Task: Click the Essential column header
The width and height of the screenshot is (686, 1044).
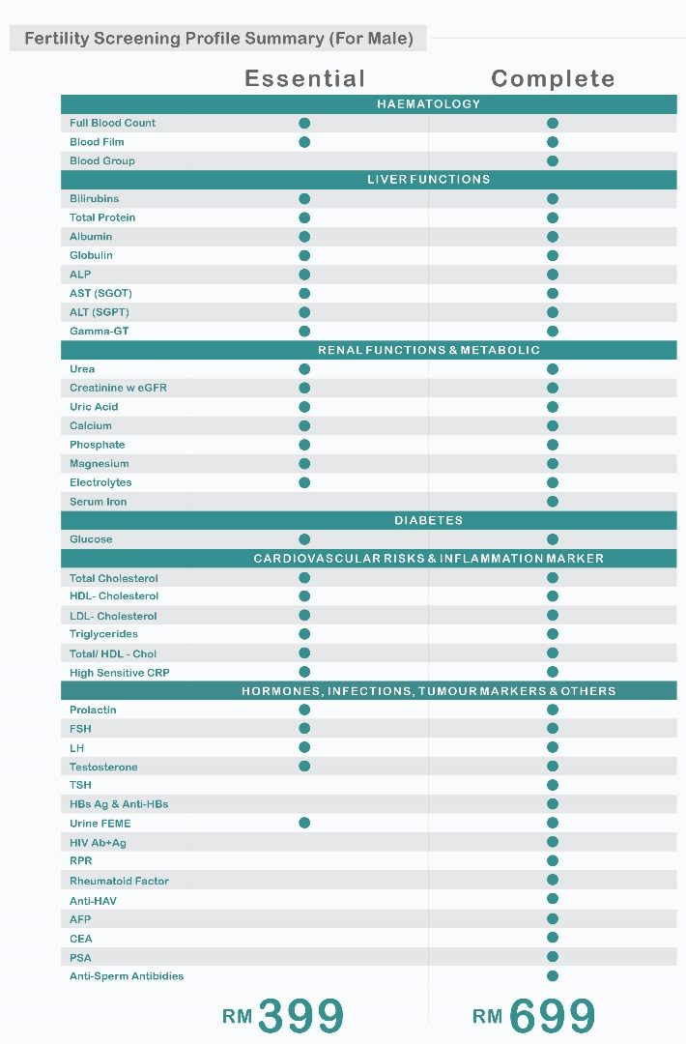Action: click(304, 78)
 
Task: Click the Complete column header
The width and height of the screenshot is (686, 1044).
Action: click(553, 78)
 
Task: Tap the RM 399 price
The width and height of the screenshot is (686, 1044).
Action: click(284, 1015)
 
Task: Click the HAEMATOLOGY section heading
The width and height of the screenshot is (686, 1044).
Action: click(428, 103)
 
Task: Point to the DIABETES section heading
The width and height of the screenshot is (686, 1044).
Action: click(428, 520)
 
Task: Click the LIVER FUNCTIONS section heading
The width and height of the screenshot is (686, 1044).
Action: click(428, 179)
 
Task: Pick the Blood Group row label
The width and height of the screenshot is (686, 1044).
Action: click(102, 160)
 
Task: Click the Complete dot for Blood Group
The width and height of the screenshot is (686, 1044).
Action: click(553, 160)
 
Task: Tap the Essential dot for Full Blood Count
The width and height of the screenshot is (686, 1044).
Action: click(304, 123)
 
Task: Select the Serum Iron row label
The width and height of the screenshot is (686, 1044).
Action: click(99, 502)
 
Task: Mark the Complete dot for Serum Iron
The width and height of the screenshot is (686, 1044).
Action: click(553, 502)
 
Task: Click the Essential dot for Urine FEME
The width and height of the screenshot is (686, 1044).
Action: click(304, 823)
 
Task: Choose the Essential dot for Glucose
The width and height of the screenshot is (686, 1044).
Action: click(304, 539)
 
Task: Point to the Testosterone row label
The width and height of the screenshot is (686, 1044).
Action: click(103, 767)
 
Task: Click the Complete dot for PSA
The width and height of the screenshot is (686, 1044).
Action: click(553, 957)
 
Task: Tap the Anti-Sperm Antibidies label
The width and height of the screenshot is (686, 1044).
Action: click(127, 976)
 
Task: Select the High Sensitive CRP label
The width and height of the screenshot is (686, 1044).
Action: click(120, 673)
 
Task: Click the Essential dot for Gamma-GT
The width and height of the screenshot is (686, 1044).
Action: click(304, 331)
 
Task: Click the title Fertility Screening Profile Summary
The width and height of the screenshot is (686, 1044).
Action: click(218, 39)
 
